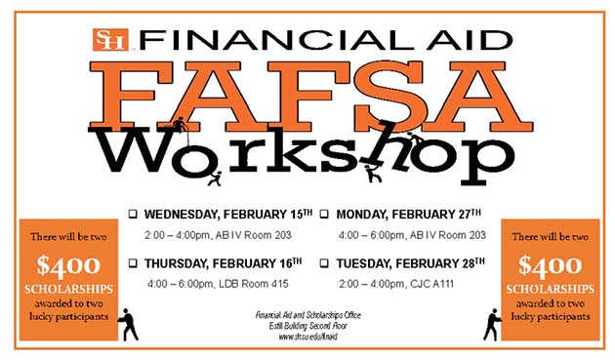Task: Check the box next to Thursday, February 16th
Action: click(x=134, y=263)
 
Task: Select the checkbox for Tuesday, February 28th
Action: click(x=325, y=263)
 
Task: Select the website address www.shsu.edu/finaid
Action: click(x=308, y=337)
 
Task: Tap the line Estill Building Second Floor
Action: click(x=308, y=326)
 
